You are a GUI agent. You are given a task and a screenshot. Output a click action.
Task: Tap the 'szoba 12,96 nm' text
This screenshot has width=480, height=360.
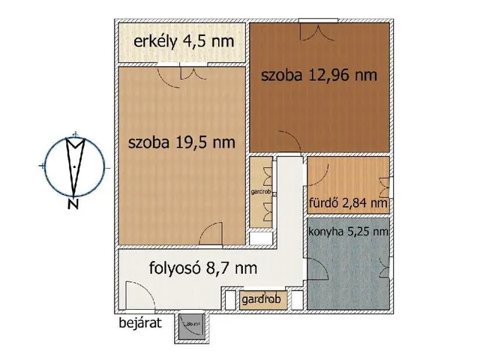click(318, 76)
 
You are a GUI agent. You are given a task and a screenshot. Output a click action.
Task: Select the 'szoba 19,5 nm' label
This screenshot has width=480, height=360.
click(181, 142)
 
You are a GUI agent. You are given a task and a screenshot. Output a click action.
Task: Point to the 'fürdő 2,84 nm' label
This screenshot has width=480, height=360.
click(348, 202)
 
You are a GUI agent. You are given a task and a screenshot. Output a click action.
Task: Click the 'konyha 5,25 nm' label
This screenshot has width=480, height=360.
click(348, 232)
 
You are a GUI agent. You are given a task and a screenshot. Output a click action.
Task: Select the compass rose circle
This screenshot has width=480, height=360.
click(74, 165)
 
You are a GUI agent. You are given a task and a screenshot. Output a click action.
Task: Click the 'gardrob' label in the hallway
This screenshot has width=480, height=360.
click(262, 299)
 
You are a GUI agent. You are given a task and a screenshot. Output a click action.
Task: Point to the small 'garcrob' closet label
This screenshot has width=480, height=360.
click(262, 192)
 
